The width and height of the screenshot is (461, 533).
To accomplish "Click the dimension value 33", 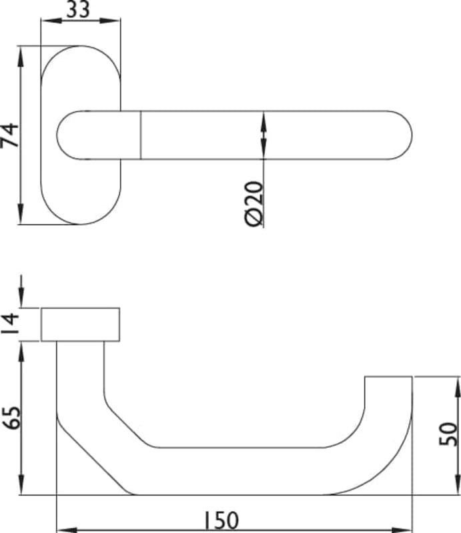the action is (78, 9).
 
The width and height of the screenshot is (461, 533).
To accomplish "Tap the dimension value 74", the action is (9, 135).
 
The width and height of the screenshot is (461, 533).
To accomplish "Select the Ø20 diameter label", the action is (254, 204).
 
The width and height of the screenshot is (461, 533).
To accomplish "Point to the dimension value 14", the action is (9, 323).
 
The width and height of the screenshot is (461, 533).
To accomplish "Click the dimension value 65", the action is (11, 418).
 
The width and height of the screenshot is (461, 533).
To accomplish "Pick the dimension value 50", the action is (448, 434).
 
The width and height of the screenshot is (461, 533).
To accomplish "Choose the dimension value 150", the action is (221, 520).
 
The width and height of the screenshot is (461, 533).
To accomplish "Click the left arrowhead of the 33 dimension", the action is (51, 21).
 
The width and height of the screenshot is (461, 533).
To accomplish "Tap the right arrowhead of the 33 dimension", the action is (110, 21).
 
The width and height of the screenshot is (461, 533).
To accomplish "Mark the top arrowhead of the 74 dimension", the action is (21, 57).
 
